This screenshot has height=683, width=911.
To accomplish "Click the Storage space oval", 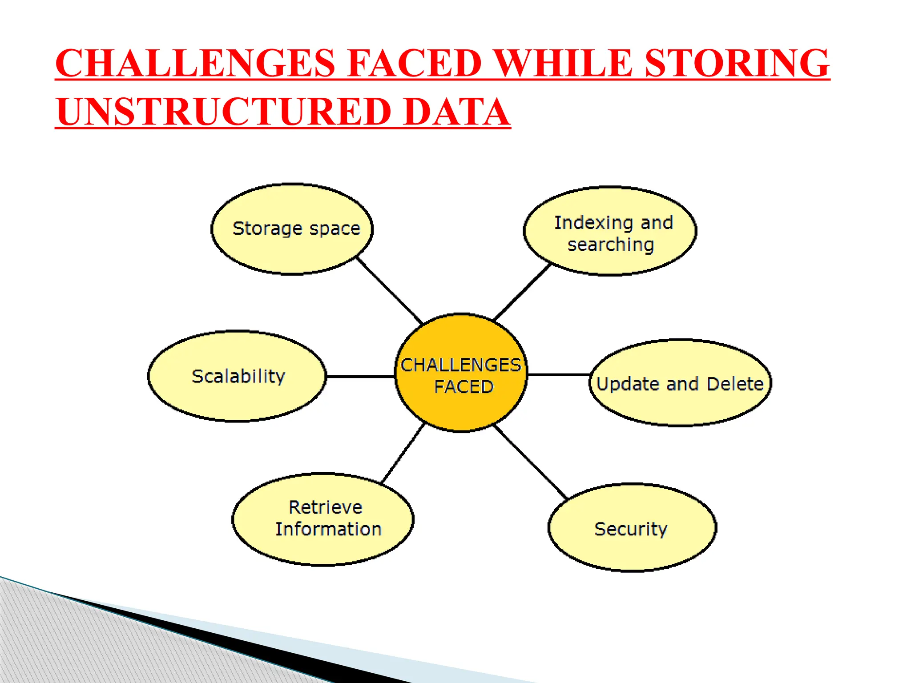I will click(x=292, y=229).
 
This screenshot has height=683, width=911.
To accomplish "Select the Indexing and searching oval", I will click(x=610, y=231).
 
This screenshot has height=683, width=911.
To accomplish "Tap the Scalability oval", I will click(x=237, y=376).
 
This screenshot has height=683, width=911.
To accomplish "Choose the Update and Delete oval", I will click(x=680, y=383).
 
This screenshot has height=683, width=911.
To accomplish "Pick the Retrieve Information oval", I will click(x=323, y=519).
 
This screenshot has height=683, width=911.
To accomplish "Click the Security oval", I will click(x=632, y=527).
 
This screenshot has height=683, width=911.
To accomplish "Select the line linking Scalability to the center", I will click(x=361, y=377).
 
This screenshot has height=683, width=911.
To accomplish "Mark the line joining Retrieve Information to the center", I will click(x=403, y=454).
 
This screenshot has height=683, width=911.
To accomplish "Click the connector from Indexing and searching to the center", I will click(x=523, y=292).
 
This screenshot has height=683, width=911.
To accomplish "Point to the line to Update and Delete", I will click(x=559, y=375).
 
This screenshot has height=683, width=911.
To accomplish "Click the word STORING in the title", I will click(x=737, y=63).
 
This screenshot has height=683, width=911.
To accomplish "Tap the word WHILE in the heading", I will click(x=563, y=63).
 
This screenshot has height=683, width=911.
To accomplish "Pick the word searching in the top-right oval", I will click(x=611, y=245).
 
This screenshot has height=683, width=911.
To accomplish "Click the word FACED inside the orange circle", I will click(x=464, y=387).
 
